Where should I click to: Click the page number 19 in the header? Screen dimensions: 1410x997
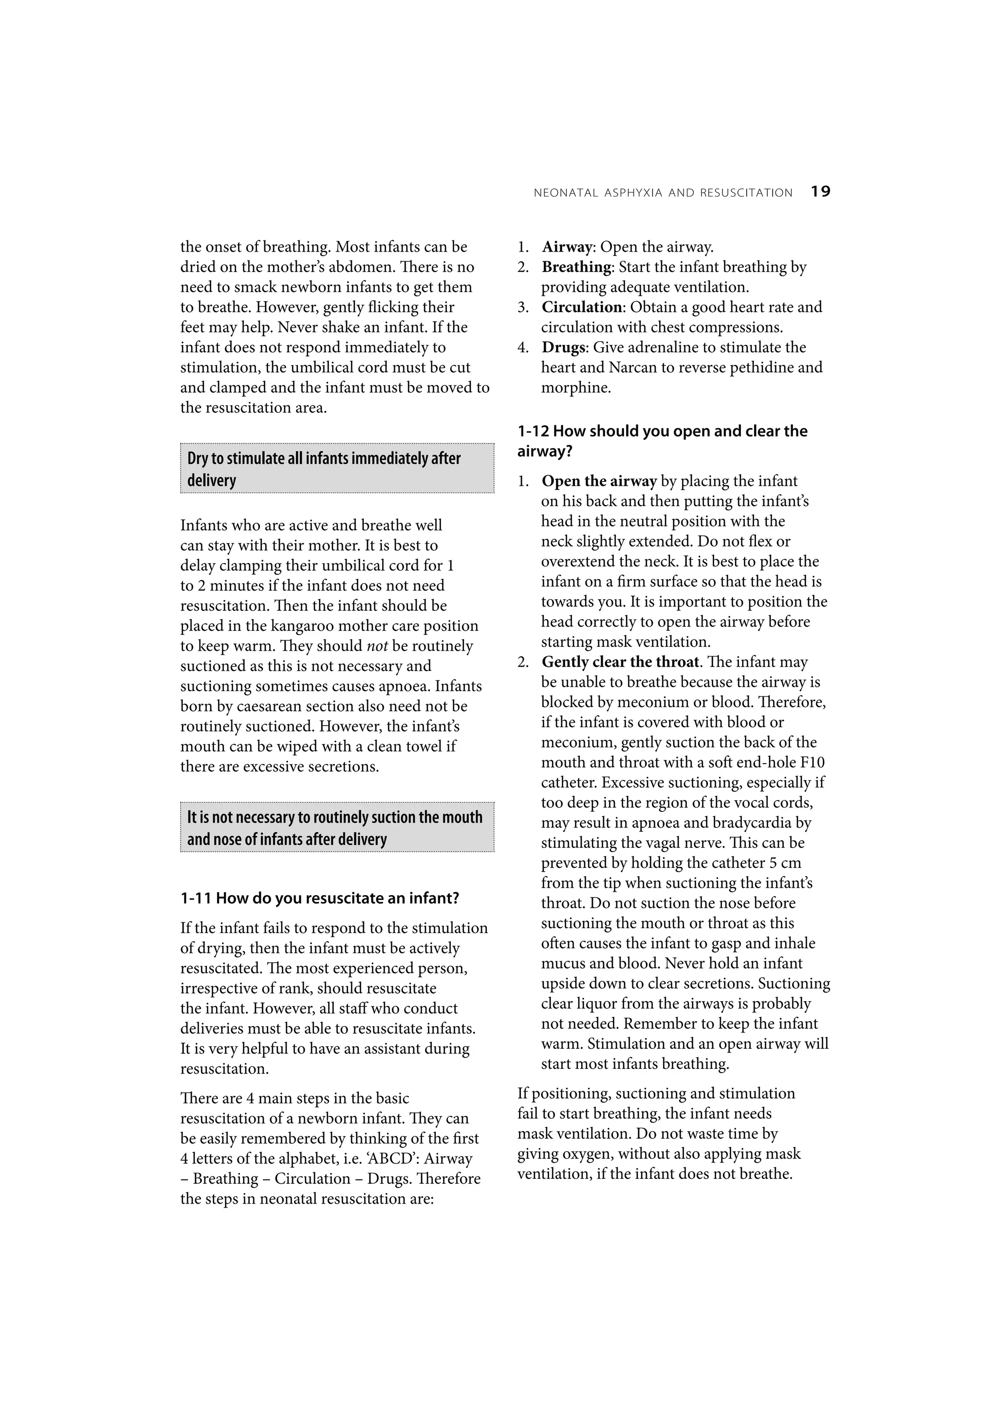point(820,192)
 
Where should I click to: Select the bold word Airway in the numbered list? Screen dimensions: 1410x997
point(566,247)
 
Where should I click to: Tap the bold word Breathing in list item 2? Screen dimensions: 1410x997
point(576,267)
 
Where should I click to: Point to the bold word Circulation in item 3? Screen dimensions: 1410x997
point(582,307)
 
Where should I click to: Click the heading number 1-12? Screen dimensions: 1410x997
point(533,431)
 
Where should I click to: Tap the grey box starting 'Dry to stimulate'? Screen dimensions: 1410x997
point(336,469)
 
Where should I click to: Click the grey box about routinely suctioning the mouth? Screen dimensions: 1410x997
point(336,827)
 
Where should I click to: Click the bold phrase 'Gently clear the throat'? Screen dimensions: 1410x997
point(620,662)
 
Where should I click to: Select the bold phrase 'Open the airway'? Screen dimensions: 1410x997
point(599,481)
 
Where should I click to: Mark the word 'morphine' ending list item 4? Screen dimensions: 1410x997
point(575,387)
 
